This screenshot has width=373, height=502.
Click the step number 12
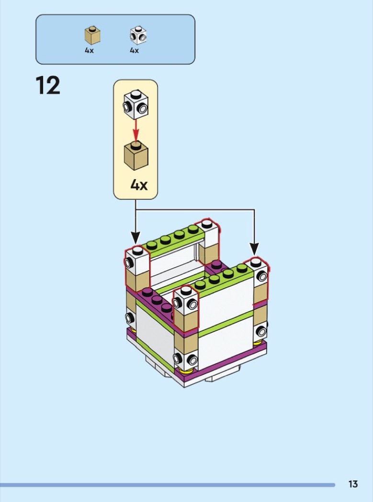[48, 86]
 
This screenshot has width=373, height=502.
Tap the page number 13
[353, 484]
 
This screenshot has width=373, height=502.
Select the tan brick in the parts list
[92, 35]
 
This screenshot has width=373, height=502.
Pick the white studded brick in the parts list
[138, 35]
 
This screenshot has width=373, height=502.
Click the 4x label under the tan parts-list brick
[89, 51]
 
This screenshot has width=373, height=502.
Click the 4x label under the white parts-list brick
[135, 51]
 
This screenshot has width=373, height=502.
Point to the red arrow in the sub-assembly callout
[136, 131]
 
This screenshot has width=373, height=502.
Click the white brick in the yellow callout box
[136, 105]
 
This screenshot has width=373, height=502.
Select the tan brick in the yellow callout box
[136, 155]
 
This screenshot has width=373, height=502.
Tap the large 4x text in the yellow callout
[139, 185]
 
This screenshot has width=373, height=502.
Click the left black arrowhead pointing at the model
[136, 239]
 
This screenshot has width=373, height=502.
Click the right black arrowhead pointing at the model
[254, 250]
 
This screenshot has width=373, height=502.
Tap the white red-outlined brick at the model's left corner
[137, 261]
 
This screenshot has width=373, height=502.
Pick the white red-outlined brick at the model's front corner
[186, 301]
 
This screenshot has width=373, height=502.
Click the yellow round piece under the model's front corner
[186, 371]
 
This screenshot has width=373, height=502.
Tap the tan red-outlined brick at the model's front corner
[186, 322]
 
